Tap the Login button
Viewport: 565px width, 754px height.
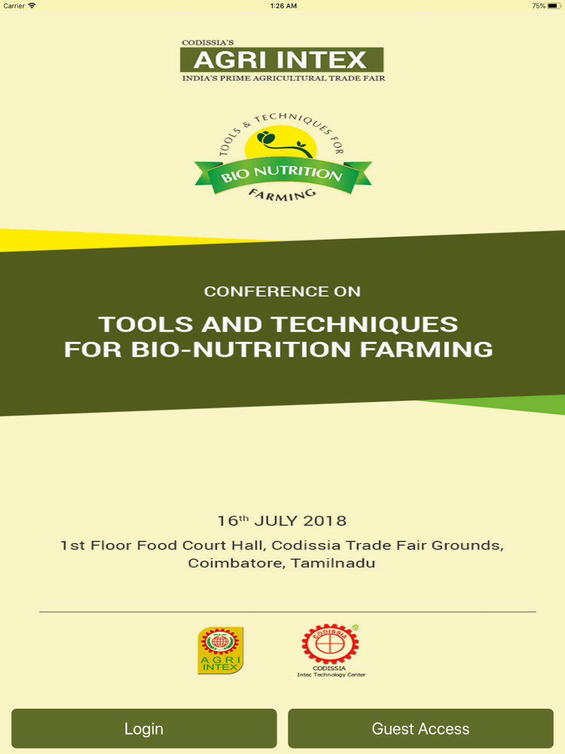[144, 728]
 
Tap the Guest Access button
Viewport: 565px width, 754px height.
[420, 728]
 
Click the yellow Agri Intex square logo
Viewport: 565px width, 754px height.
[220, 650]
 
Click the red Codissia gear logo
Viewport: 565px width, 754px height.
[330, 644]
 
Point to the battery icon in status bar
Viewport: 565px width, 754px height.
[554, 6]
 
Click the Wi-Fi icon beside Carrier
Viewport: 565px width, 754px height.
[32, 6]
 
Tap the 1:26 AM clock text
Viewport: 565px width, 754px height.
[284, 6]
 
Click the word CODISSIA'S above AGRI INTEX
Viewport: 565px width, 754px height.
[208, 42]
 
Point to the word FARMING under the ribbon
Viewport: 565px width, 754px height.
[282, 195]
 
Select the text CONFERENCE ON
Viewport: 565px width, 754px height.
[282, 291]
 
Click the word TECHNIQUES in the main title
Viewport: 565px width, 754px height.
[364, 324]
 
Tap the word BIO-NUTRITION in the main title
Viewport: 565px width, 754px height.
[241, 349]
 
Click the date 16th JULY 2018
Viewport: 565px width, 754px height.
[282, 521]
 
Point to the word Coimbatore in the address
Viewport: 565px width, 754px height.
[237, 563]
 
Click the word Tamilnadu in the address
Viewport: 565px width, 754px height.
[333, 563]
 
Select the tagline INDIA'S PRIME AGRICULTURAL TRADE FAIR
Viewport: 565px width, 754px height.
[284, 79]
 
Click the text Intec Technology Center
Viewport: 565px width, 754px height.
[331, 675]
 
